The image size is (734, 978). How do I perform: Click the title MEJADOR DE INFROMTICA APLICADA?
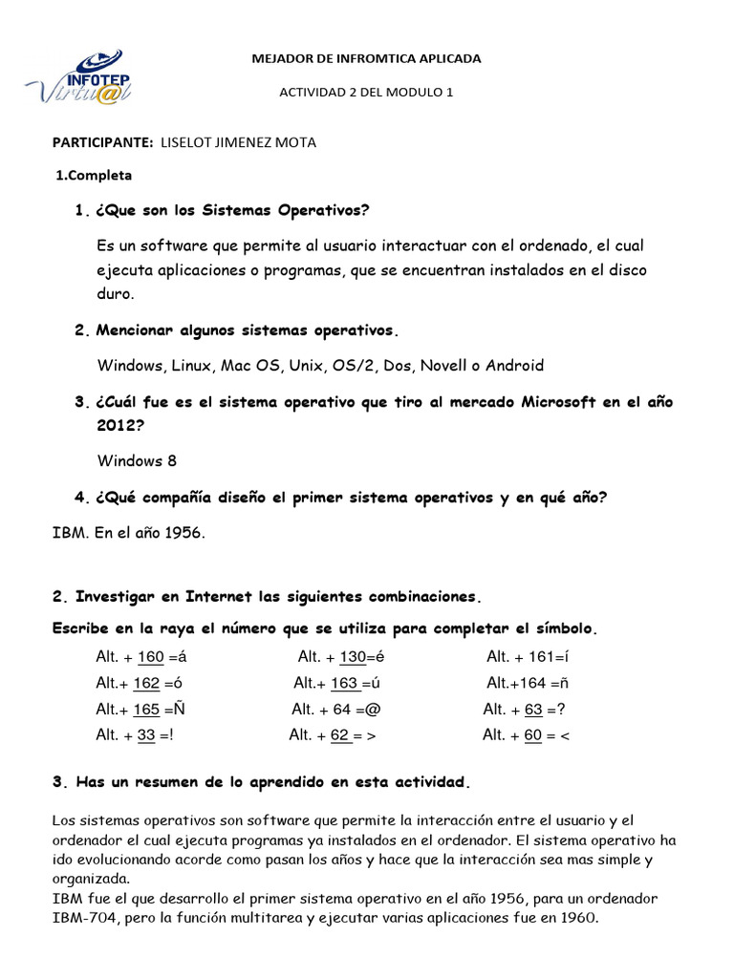366,59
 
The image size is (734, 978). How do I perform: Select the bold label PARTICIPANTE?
101,142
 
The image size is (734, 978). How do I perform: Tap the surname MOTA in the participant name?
294,142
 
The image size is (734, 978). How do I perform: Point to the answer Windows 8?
137,460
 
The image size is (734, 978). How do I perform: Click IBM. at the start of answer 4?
70,533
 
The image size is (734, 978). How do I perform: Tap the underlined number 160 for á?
151,656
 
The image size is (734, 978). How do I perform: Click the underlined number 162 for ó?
146,683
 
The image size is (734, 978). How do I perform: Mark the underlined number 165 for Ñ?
146,710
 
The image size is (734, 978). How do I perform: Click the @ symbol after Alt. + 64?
373,710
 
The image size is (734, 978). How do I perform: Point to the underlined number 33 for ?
146,735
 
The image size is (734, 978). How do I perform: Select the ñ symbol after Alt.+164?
565,683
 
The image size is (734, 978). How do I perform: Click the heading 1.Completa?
94,176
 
